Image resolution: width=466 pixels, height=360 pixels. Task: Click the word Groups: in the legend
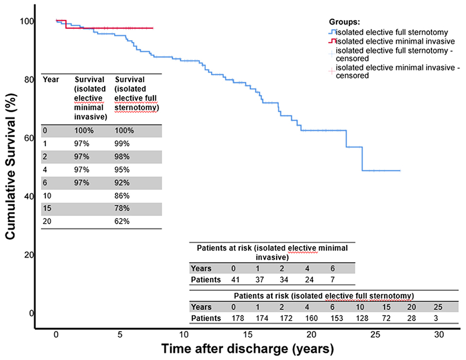tap(345, 22)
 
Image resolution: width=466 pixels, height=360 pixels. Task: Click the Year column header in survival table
tap(51, 79)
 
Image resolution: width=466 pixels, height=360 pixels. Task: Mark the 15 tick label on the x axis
tap(247, 335)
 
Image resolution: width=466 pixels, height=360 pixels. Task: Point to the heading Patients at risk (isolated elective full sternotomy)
tap(324, 295)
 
